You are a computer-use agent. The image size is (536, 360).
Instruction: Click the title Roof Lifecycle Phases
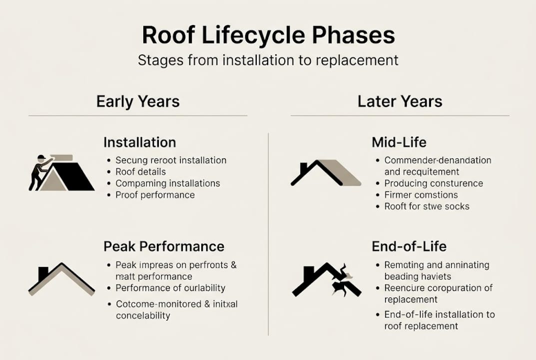click(x=268, y=36)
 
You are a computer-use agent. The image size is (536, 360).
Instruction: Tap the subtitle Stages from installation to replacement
click(x=268, y=60)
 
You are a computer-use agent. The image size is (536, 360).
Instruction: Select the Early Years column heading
click(x=137, y=101)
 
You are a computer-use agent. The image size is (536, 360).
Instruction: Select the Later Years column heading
click(x=400, y=101)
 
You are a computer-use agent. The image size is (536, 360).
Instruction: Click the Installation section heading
click(x=139, y=142)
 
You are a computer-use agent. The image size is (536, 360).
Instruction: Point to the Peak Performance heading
click(x=163, y=246)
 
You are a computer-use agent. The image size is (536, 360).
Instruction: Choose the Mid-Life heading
click(x=399, y=142)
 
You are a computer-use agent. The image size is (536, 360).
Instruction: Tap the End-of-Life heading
click(x=409, y=246)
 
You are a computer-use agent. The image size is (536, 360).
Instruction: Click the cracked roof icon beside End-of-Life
click(x=327, y=280)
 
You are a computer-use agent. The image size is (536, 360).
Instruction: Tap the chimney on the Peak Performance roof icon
click(x=43, y=273)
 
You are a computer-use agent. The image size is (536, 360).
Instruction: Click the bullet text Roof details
click(x=140, y=172)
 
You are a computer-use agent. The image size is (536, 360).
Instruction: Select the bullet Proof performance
click(x=155, y=195)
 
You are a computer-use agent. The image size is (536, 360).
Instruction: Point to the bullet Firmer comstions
click(x=421, y=195)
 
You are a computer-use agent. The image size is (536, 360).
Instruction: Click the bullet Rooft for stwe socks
click(x=427, y=206)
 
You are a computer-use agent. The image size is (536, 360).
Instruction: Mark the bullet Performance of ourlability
click(x=170, y=288)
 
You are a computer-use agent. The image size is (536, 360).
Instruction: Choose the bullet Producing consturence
click(x=434, y=183)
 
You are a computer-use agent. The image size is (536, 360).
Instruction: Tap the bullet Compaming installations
click(x=167, y=183)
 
